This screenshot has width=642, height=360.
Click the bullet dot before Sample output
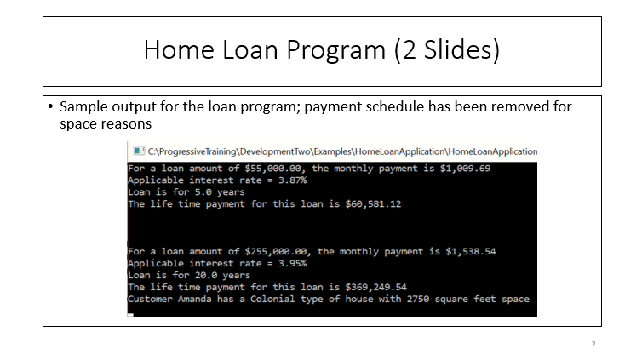51,108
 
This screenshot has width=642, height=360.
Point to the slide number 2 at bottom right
593,344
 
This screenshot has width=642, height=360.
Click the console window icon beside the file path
134,151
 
